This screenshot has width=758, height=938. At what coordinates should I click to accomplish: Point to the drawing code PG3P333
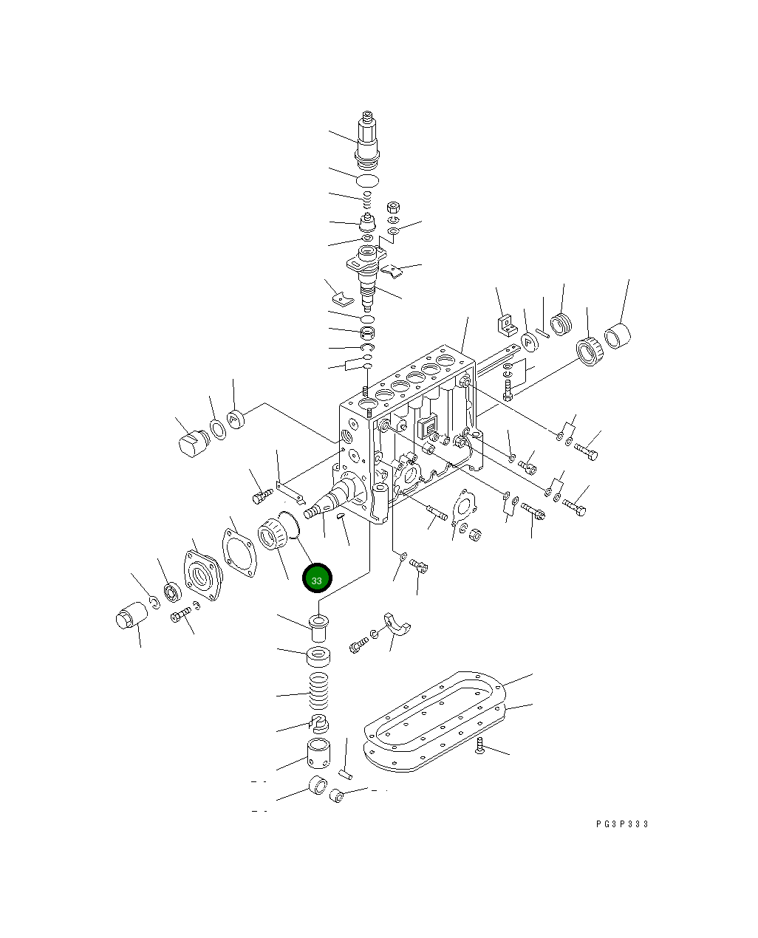click(x=622, y=824)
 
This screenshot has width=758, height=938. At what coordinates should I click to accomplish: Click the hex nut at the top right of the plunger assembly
click(x=394, y=206)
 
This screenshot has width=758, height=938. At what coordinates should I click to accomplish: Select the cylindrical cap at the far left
click(x=130, y=616)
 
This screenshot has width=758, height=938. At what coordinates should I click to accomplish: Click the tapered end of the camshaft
click(x=316, y=510)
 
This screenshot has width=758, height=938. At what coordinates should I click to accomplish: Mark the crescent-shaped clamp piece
click(x=397, y=625)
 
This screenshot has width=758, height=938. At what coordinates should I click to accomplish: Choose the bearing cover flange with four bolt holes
click(x=202, y=574)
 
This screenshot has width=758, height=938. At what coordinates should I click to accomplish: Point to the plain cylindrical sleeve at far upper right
click(x=618, y=336)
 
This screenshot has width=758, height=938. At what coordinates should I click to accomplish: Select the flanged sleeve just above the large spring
click(x=318, y=628)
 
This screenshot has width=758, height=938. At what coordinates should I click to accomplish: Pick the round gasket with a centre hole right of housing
click(x=464, y=507)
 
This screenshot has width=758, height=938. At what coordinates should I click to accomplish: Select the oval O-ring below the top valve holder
click(x=367, y=181)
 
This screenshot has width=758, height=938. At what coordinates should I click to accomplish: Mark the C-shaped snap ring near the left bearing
click(x=154, y=603)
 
